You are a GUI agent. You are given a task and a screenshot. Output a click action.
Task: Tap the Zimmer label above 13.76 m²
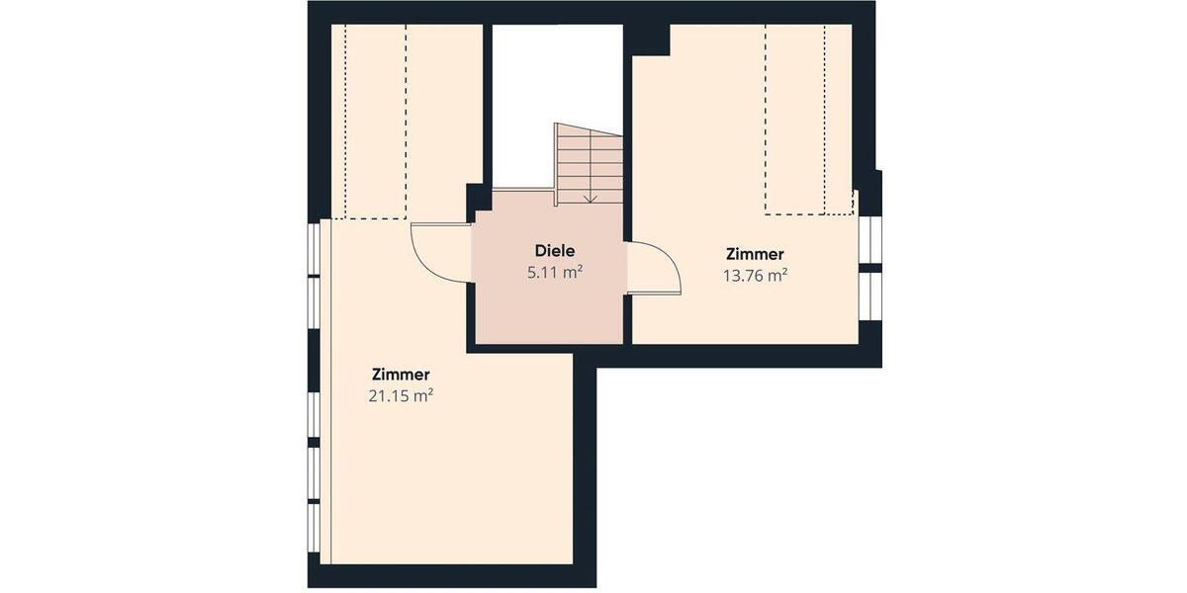click(x=755, y=254)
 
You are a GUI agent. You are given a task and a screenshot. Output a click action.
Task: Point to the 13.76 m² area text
click(x=755, y=276)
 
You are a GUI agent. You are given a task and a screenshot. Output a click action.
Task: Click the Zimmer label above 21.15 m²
click(x=401, y=375)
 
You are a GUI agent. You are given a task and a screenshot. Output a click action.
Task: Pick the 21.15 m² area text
click(x=401, y=396)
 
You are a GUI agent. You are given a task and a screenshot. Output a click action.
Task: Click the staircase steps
click(x=589, y=163)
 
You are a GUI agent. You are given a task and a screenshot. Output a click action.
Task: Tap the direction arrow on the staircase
click(x=590, y=195)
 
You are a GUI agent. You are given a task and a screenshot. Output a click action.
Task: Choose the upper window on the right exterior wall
click(x=869, y=237)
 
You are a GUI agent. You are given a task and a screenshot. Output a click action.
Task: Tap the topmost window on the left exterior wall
click(x=314, y=249)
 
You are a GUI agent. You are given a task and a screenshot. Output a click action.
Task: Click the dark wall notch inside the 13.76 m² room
click(x=651, y=41)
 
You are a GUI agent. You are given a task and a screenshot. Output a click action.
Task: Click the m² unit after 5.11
click(x=572, y=273)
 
